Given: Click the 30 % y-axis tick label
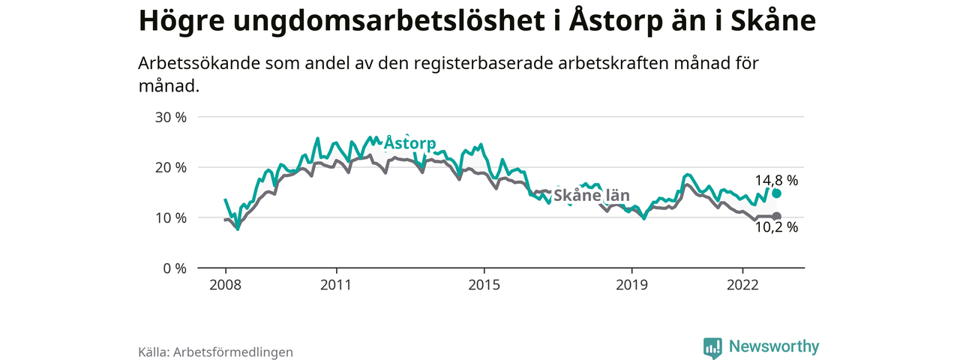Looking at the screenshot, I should point(170,117).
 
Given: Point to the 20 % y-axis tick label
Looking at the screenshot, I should point(170,167).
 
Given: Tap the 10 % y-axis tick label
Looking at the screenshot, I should point(170,217).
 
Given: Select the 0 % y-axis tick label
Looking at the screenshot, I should point(174,268).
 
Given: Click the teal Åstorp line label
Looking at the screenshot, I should point(409,143).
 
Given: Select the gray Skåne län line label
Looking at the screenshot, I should point(591,196).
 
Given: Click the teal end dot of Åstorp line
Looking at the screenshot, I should point(777,193).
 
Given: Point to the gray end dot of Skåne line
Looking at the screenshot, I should point(777,217).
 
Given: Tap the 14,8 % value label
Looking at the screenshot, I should point(776,180).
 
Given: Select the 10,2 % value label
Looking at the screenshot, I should point(776,228).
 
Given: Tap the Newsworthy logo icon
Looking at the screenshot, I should point(712,347).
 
